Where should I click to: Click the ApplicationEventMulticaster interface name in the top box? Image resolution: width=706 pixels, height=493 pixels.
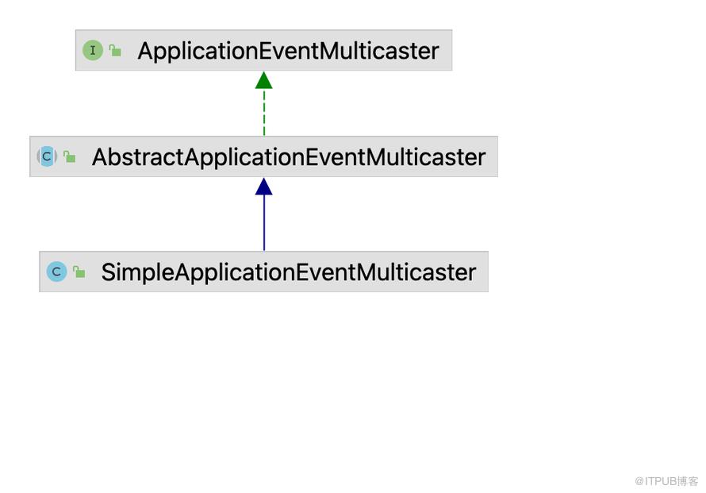288,51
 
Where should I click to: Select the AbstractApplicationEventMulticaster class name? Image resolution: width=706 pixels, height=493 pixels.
289,157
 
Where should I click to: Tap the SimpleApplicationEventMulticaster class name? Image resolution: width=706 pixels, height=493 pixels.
289,272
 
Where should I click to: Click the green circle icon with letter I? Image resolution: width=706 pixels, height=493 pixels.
93,50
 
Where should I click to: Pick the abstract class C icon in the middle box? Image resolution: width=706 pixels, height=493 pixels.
47,156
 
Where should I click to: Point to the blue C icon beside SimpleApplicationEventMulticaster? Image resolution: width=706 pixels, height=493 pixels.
57,272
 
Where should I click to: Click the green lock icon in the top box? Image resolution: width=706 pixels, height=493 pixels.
115,51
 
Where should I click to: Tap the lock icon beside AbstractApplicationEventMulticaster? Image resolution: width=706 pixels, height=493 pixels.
69,156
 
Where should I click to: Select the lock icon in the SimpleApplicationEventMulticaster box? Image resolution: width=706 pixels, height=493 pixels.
79,272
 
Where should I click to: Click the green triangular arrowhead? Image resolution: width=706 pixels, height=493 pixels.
264,81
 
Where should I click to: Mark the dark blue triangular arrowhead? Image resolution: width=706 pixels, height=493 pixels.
264,187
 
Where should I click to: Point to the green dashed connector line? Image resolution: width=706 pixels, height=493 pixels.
264,113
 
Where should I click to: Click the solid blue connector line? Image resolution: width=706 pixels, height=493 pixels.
264,223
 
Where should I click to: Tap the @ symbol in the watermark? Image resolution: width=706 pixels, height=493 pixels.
639,481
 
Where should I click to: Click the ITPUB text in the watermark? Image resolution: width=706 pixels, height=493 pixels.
661,481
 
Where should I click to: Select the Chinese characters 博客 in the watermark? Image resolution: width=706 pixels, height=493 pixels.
688,481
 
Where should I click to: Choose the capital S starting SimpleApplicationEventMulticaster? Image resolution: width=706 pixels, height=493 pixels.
108,272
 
